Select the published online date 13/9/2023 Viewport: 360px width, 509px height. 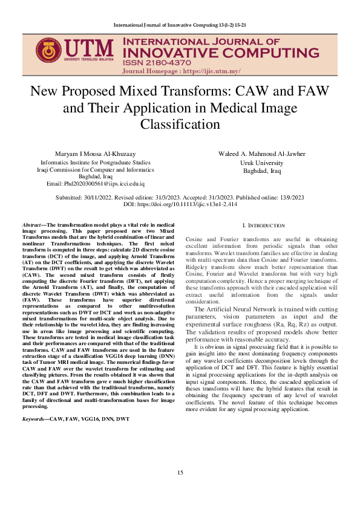click(288, 198)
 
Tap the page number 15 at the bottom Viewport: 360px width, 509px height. click(180, 489)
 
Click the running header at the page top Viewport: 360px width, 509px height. click(180, 25)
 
